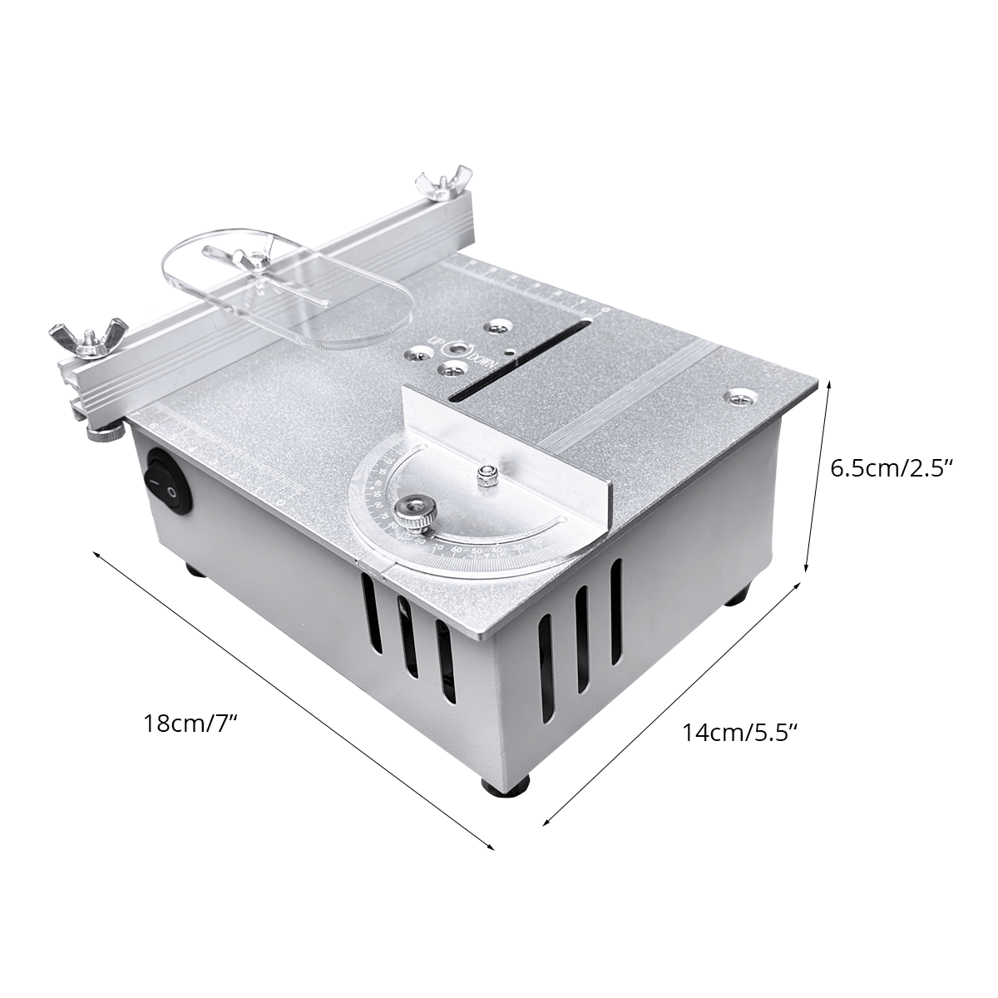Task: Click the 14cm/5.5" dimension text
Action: point(740,732)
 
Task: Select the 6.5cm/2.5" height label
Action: point(891,467)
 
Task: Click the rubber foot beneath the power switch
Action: point(195,571)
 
